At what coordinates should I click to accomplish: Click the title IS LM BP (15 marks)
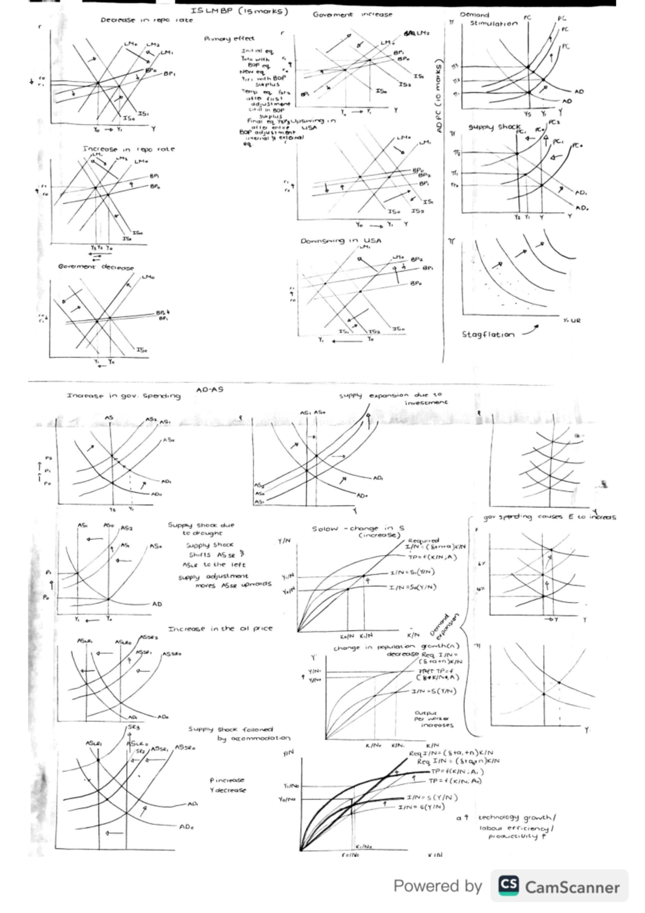[239, 11]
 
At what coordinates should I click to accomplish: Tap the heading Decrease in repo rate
[146, 20]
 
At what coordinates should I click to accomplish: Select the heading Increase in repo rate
[128, 149]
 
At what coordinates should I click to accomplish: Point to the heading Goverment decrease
[96, 267]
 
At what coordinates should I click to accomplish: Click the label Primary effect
[229, 39]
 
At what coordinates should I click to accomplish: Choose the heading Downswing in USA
[341, 241]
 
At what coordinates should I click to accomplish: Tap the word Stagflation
[488, 334]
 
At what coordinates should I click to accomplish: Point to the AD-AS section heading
[210, 390]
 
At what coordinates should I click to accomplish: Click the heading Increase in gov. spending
[124, 396]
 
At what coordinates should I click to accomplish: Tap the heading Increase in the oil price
[220, 629]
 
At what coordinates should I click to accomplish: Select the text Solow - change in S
[358, 529]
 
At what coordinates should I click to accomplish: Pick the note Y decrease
[228, 790]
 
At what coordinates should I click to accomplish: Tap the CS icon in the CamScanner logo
[508, 886]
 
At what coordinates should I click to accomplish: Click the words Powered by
[438, 886]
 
